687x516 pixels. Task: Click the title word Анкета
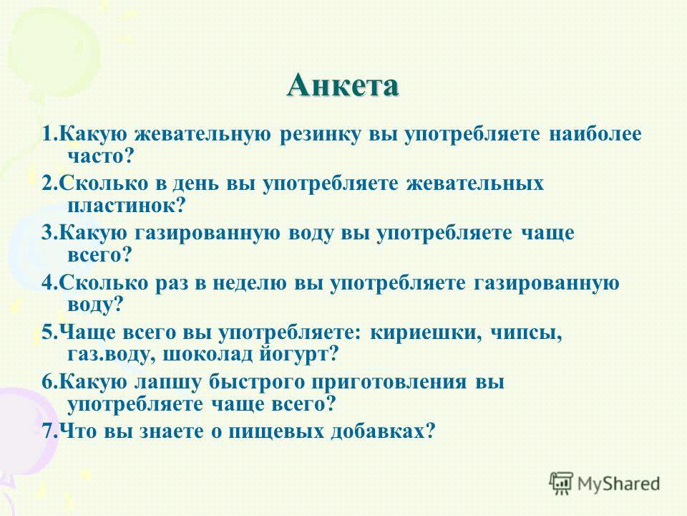[x=343, y=85]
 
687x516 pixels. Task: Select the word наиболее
[x=595, y=133]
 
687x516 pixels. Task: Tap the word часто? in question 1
[x=100, y=157]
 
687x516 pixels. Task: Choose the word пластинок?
[x=127, y=206]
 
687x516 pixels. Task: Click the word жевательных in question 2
[x=475, y=183]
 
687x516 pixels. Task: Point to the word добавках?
[x=384, y=431]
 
